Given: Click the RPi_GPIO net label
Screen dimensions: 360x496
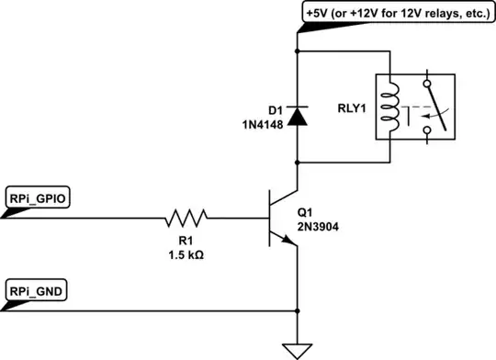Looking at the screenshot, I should (36, 197).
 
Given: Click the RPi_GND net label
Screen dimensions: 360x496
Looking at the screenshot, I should (34, 290).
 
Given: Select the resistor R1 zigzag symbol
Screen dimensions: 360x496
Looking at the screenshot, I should (187, 219).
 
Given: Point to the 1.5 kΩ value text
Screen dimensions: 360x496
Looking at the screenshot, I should (187, 253).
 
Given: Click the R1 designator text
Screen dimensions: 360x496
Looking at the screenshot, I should (187, 240).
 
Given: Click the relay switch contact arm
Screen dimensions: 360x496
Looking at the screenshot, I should (440, 115).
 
